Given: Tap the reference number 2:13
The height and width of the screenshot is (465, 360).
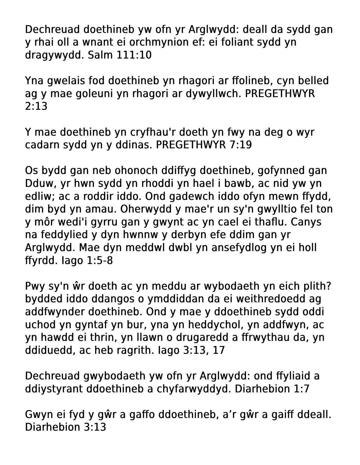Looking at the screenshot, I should click(36, 106).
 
